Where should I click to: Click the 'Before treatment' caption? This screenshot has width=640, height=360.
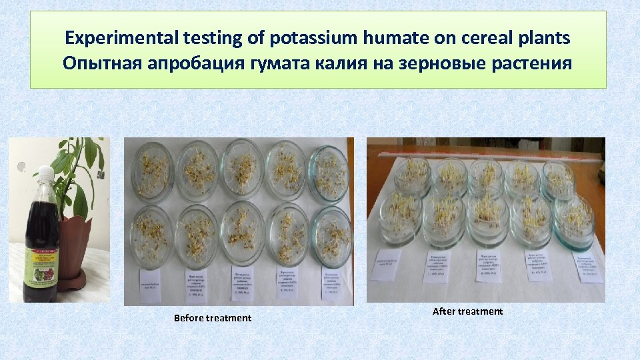tap(213, 318)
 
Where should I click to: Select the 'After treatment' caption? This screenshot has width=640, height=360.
tap(467, 311)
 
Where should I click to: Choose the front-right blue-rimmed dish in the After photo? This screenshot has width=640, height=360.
tap(573, 221)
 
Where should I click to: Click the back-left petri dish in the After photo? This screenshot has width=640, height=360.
tap(412, 177)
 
